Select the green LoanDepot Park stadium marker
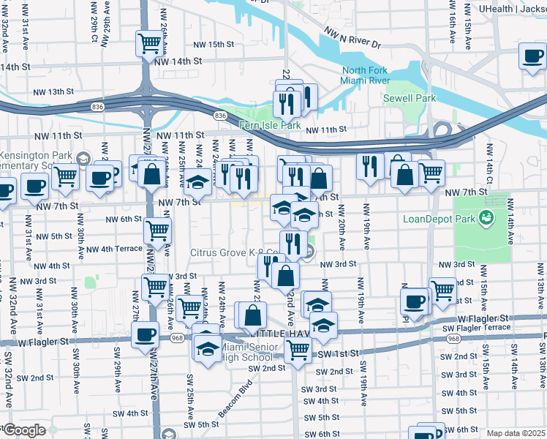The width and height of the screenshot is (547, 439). [x=483, y=217]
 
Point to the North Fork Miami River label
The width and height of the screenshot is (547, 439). [x=366, y=75]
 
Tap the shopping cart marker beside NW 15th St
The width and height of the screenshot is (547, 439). [x=150, y=43]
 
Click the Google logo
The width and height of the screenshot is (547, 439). [x=23, y=431]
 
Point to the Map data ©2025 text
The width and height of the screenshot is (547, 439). [x=516, y=433]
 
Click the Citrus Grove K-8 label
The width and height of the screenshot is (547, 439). [x=237, y=253]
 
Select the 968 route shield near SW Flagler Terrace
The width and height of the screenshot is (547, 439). [x=453, y=339]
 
